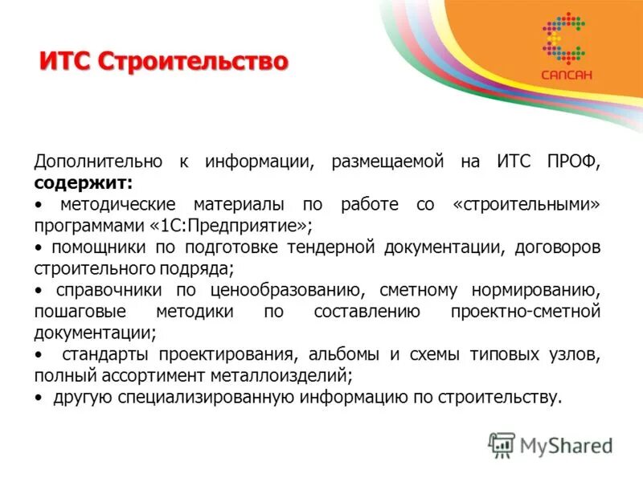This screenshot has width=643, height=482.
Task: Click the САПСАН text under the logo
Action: tap(567, 75)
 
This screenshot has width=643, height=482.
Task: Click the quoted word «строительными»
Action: tap(526, 204)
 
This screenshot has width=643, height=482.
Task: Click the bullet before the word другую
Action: tap(39, 397)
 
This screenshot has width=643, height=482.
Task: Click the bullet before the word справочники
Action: tap(39, 289)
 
